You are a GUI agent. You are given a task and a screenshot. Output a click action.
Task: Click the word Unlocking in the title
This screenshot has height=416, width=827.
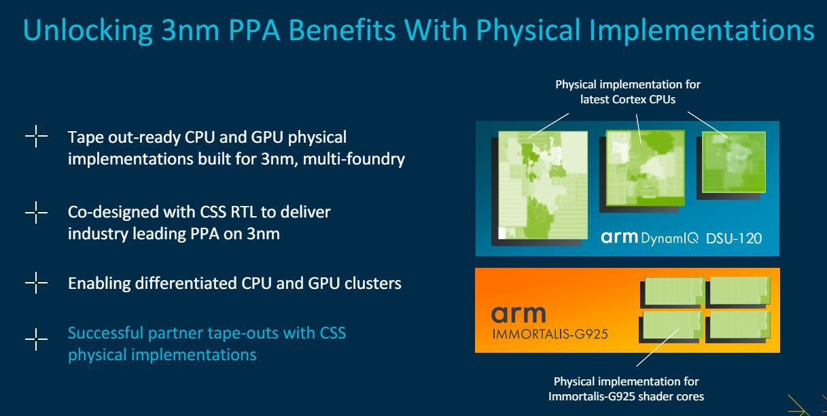pos(88,31)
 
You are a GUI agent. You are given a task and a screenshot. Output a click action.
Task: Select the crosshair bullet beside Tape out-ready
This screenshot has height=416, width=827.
pos(36,137)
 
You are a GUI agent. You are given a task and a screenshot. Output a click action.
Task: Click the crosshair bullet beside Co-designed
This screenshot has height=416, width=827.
pos(36,213)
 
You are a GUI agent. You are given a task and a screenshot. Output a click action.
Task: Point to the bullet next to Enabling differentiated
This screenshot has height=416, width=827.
pos(36,283)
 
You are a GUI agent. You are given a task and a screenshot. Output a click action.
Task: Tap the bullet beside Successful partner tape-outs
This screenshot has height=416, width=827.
pos(36,339)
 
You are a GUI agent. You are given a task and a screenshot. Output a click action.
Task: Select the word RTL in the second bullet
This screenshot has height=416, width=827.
pos(243,212)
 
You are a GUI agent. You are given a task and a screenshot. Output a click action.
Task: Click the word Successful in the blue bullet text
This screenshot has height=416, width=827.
pos(105,333)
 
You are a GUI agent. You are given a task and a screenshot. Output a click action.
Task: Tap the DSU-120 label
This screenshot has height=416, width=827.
pos(734,239)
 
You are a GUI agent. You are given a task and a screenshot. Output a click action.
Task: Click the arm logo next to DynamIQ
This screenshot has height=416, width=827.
pos(619,237)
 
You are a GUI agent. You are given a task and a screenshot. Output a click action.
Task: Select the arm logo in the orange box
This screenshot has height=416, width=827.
pos(518,315)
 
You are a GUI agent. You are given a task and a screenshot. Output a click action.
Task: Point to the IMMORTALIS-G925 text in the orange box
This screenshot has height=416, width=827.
pos(550,334)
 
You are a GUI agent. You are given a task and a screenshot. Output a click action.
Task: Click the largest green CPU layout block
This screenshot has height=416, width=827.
pos(543,185)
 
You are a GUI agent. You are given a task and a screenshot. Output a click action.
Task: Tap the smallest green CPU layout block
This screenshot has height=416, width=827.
pos(734,162)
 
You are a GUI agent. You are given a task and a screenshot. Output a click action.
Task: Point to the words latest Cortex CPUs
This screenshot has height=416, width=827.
pos(628,99)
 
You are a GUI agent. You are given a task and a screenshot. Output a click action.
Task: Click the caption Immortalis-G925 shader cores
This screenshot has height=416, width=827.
pos(626,396)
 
